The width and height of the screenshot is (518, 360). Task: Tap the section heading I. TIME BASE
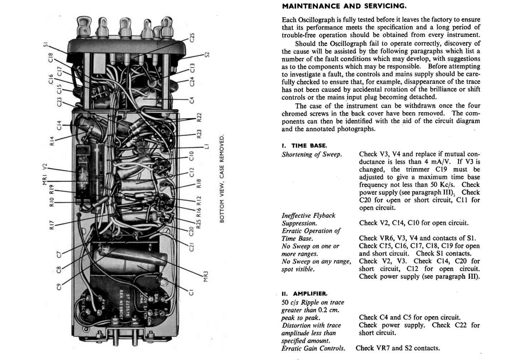pos(304,146)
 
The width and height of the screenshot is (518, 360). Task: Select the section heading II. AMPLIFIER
pos(304,294)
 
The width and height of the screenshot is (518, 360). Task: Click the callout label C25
pos(192,38)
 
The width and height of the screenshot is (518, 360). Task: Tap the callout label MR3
pos(205,276)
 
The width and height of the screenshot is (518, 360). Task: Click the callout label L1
pos(206,147)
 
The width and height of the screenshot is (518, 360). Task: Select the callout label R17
pos(52,225)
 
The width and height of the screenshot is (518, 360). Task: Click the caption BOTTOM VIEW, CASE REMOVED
pos(222,179)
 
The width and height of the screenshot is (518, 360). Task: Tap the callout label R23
pos(199,134)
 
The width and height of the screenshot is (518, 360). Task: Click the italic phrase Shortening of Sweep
pos(312,155)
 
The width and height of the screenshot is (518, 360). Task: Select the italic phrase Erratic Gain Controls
pos(313,348)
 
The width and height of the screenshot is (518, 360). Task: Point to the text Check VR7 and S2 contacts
pos(398,348)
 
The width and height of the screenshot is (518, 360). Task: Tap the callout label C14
pos(59,125)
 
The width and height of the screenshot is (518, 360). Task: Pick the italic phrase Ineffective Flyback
pos(308,215)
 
